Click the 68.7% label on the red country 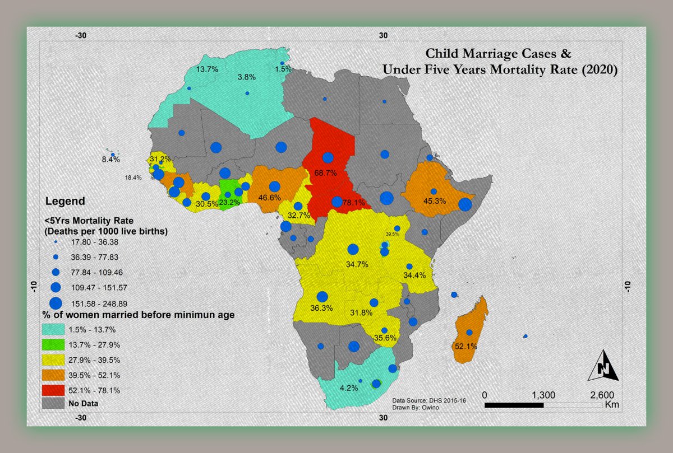click(x=325, y=173)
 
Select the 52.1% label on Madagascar click(x=465, y=347)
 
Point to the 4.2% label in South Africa click(x=348, y=387)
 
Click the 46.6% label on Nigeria click(x=269, y=198)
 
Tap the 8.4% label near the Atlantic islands click(x=110, y=160)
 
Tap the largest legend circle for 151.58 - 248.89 click(x=56, y=303)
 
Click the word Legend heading click(x=64, y=201)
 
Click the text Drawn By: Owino click(x=416, y=407)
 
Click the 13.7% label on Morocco click(x=208, y=69)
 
